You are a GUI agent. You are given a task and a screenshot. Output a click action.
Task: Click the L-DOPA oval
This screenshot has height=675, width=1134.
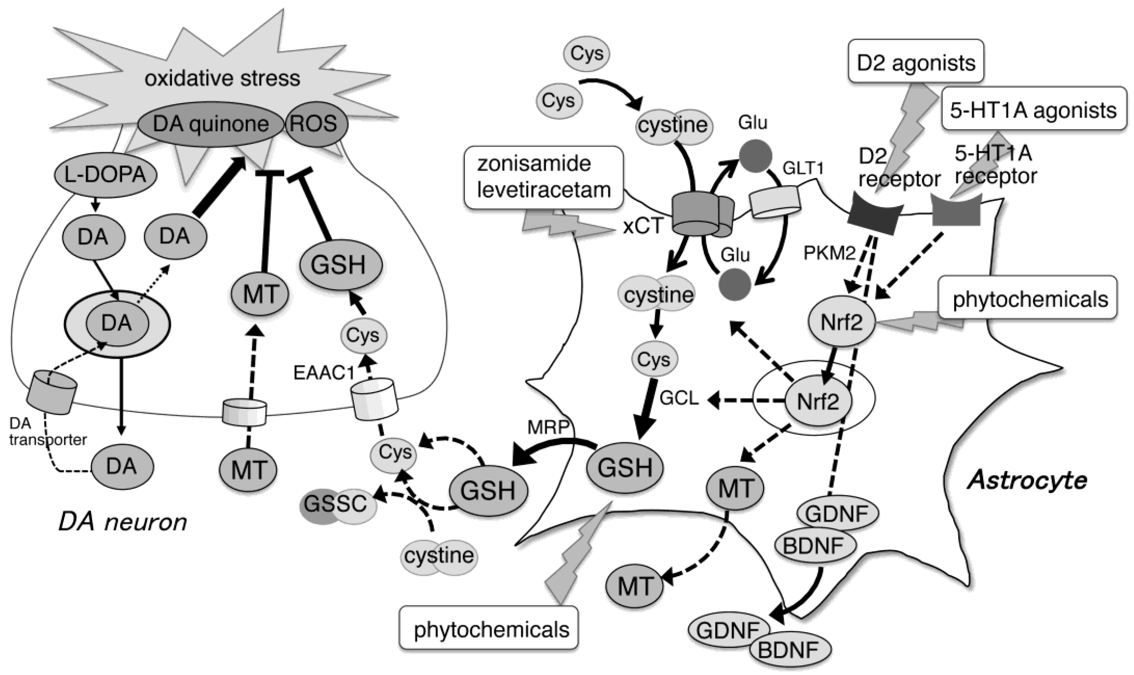point(105,175)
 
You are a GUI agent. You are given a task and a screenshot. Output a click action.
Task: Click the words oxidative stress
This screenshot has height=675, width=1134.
point(222,78)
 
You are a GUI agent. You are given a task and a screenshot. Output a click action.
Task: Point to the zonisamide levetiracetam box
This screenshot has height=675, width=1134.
point(544,177)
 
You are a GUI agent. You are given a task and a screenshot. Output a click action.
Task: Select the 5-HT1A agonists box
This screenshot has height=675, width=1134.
point(1033,110)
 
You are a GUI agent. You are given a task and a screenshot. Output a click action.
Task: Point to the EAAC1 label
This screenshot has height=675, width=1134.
point(323,373)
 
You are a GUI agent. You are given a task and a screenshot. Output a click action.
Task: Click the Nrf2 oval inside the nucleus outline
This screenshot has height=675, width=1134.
point(818,401)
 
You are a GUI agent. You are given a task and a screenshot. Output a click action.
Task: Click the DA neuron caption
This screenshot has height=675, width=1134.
point(123,522)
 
